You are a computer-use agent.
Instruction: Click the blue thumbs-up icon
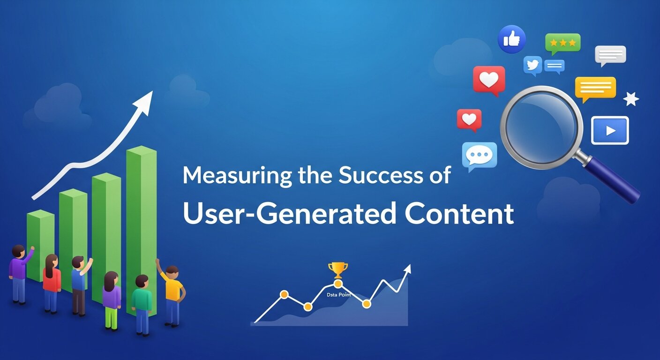pos(511,39)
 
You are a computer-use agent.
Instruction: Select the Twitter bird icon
pos(532,65)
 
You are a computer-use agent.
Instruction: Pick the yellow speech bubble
pos(595,88)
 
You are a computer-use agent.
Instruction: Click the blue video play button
pos(609,130)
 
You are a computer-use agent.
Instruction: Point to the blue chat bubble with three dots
pos(479,155)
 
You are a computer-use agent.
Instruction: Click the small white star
pos(631,99)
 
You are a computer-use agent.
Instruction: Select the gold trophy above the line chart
pos(337,270)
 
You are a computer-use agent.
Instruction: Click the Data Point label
pos(338,295)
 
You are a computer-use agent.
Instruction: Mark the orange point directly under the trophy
pos(337,284)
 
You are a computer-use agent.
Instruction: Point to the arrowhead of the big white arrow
pos(145,102)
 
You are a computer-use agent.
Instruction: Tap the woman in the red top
pos(52,281)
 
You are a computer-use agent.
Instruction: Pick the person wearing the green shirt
pos(141,302)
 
